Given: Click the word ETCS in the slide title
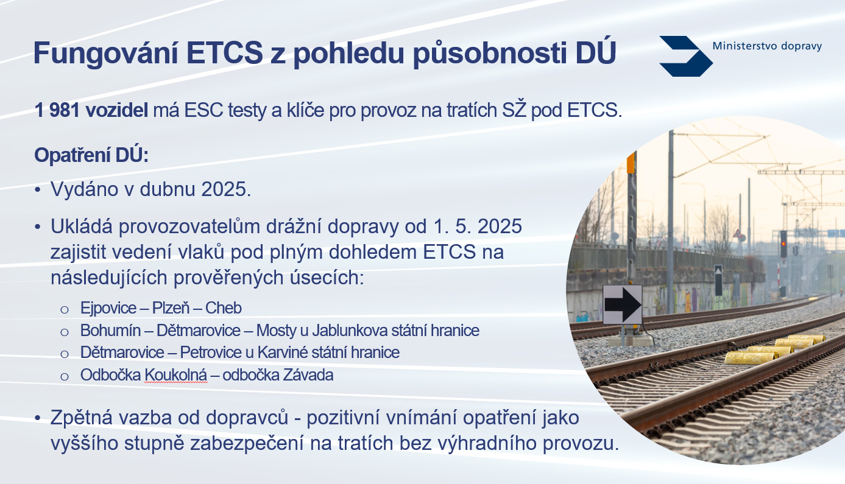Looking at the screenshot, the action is (x=224, y=53).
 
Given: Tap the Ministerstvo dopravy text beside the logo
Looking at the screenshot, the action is (x=767, y=46).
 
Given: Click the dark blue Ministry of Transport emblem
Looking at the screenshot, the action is (x=686, y=56).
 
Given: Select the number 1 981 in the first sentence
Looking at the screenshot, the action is (x=57, y=110).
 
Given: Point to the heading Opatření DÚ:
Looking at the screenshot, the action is (x=91, y=155).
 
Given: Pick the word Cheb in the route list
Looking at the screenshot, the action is (x=224, y=308).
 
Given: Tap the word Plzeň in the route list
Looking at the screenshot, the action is (x=171, y=308).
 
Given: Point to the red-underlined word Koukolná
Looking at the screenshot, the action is (x=176, y=375).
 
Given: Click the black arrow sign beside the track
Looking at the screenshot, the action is (x=623, y=304).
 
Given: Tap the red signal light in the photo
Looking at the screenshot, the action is (x=783, y=243).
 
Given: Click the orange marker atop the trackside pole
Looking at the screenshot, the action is (x=631, y=163).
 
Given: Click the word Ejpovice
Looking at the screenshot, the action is (x=108, y=308).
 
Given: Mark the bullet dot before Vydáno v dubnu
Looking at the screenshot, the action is (x=37, y=190).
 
